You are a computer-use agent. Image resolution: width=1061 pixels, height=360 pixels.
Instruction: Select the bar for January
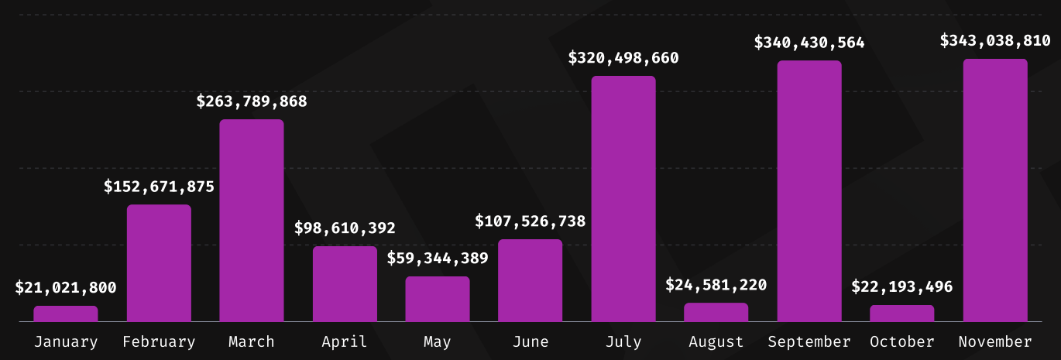tap(66, 314)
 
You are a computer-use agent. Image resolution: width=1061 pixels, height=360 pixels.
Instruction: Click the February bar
tap(159, 263)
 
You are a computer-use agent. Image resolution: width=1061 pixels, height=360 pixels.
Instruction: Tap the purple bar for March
tap(252, 221)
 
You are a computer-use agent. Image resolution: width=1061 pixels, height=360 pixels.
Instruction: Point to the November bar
tap(995, 190)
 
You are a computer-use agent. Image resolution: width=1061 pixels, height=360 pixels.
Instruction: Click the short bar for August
tap(716, 312)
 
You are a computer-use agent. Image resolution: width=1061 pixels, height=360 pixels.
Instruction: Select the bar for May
tap(438, 299)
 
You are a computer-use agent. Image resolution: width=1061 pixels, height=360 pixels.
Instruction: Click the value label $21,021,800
tap(66, 288)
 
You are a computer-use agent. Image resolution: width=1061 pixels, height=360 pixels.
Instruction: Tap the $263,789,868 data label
tap(252, 101)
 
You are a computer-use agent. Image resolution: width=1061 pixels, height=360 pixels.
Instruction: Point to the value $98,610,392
tap(345, 228)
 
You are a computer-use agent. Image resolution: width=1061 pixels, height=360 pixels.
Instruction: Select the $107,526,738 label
tap(530, 221)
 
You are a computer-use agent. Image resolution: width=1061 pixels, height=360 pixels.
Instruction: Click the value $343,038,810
tap(995, 41)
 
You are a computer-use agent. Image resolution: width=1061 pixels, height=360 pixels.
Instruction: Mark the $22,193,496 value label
tap(902, 287)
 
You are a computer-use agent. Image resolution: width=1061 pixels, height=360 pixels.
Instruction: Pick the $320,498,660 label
tap(623, 58)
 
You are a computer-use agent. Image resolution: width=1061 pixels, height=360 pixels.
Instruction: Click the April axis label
tap(345, 341)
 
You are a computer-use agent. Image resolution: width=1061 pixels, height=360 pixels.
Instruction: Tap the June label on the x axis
tap(530, 341)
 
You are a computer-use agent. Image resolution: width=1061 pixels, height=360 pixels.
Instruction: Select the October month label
tap(902, 341)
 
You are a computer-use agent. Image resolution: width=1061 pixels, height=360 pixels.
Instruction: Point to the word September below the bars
tap(809, 341)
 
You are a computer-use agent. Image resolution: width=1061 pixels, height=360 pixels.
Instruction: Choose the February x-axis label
tap(159, 341)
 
